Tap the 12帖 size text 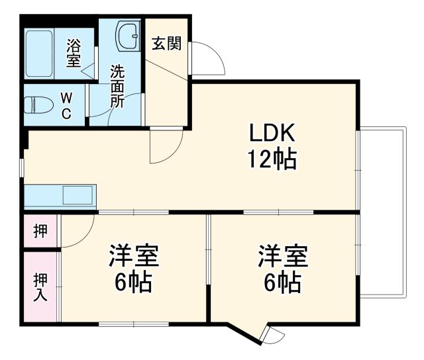click(272, 159)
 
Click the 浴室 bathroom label click(74, 53)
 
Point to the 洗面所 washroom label click(117, 86)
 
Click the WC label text click(66, 105)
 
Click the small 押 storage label click(40, 232)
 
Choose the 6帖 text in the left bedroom click(134, 283)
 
